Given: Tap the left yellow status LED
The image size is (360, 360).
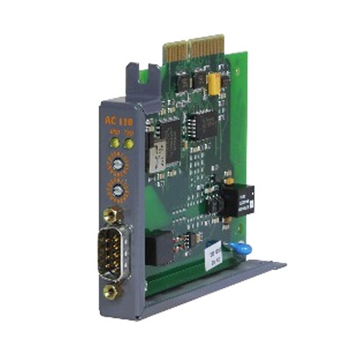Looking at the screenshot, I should click(x=114, y=144).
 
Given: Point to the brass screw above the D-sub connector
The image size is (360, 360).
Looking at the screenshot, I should click(x=111, y=215).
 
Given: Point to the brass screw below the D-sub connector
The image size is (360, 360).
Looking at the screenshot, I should click(x=111, y=291).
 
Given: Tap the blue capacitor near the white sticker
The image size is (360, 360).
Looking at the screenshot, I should click(x=233, y=248).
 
